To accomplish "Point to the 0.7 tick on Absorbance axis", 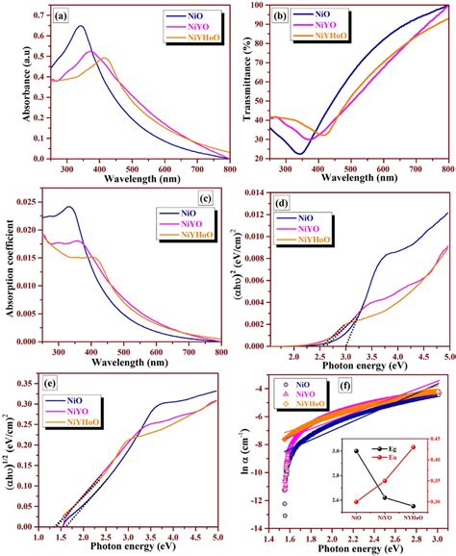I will pos(34,15).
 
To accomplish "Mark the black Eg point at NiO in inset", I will pos(356,450).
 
